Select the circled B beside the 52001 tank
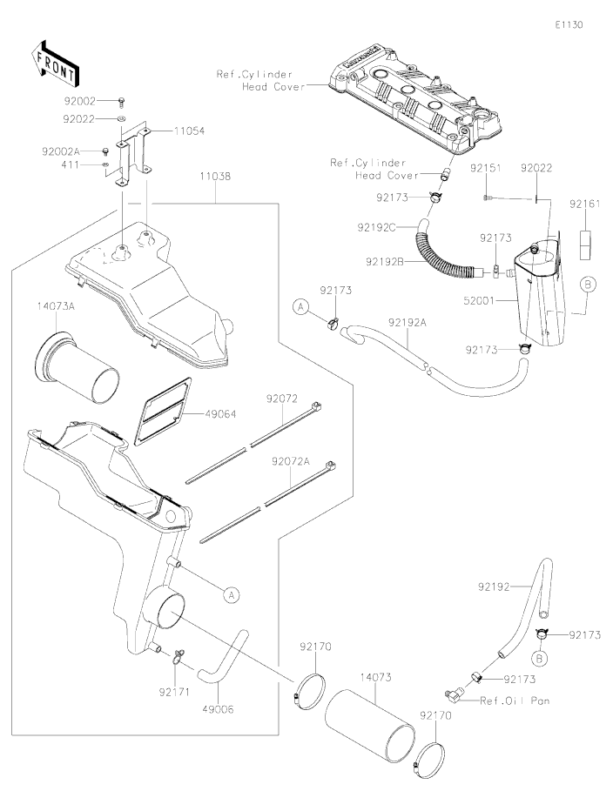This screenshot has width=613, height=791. click(589, 284)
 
